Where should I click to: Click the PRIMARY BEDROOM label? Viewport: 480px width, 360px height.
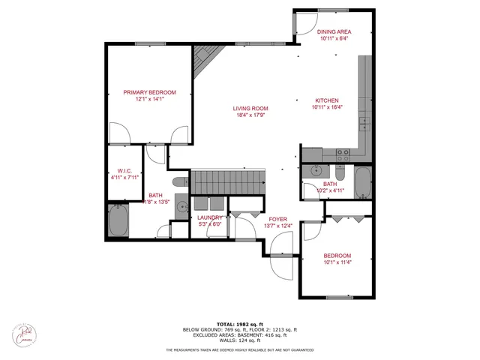tap(149, 92)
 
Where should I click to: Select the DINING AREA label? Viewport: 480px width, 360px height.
tap(334, 32)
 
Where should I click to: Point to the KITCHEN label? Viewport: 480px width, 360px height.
tap(326, 100)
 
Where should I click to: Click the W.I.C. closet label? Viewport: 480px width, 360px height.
tap(120, 170)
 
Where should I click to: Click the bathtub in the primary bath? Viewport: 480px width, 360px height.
tap(118, 220)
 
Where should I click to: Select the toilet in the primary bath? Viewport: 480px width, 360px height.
tap(179, 181)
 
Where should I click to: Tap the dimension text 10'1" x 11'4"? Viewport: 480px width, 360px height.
tap(337, 262)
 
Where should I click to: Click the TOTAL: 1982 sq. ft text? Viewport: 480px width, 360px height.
tap(239, 324)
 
